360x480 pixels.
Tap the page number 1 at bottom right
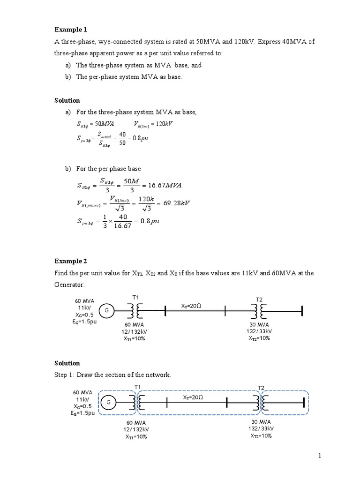pos(319,456)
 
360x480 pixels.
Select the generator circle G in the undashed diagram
pos(107,310)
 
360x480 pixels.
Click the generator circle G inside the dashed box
pos(108,402)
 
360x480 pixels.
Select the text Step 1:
pos(67,375)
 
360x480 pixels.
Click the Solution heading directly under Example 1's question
pos(67,100)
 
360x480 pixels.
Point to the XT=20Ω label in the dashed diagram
pos(193,397)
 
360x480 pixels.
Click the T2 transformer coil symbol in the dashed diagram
pos(261,402)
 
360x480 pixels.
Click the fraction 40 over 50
pos(122,138)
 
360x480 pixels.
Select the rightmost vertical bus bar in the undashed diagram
pos(302,310)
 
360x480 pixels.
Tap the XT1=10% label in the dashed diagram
pos(135,437)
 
